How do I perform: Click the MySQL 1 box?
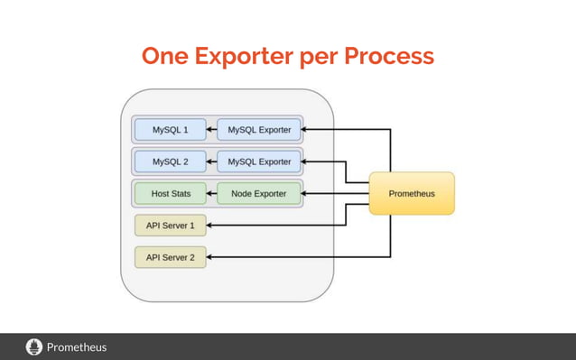point(170,130)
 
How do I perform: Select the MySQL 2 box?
point(170,162)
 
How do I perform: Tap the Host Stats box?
point(170,194)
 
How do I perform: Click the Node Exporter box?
point(258,194)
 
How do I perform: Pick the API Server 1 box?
point(170,225)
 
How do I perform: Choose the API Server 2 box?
point(170,257)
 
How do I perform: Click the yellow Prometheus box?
point(412,194)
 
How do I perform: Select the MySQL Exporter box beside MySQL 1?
point(258,130)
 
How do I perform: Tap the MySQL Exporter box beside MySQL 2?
point(258,162)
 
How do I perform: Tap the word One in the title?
point(166,56)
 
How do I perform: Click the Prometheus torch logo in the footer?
point(34,346)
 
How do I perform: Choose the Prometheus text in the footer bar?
point(77,346)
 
